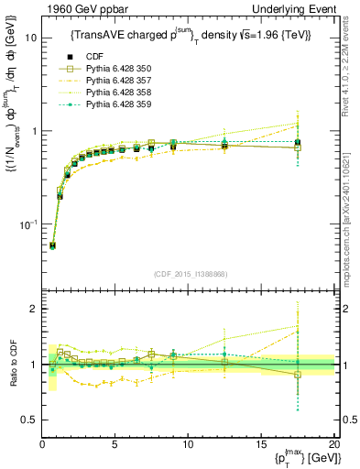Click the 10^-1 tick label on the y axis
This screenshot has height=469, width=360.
pos(27,224)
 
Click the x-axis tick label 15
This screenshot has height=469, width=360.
pos(262,444)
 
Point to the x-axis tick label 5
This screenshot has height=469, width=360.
pos(115,444)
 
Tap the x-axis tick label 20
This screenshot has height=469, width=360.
pos(333,444)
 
